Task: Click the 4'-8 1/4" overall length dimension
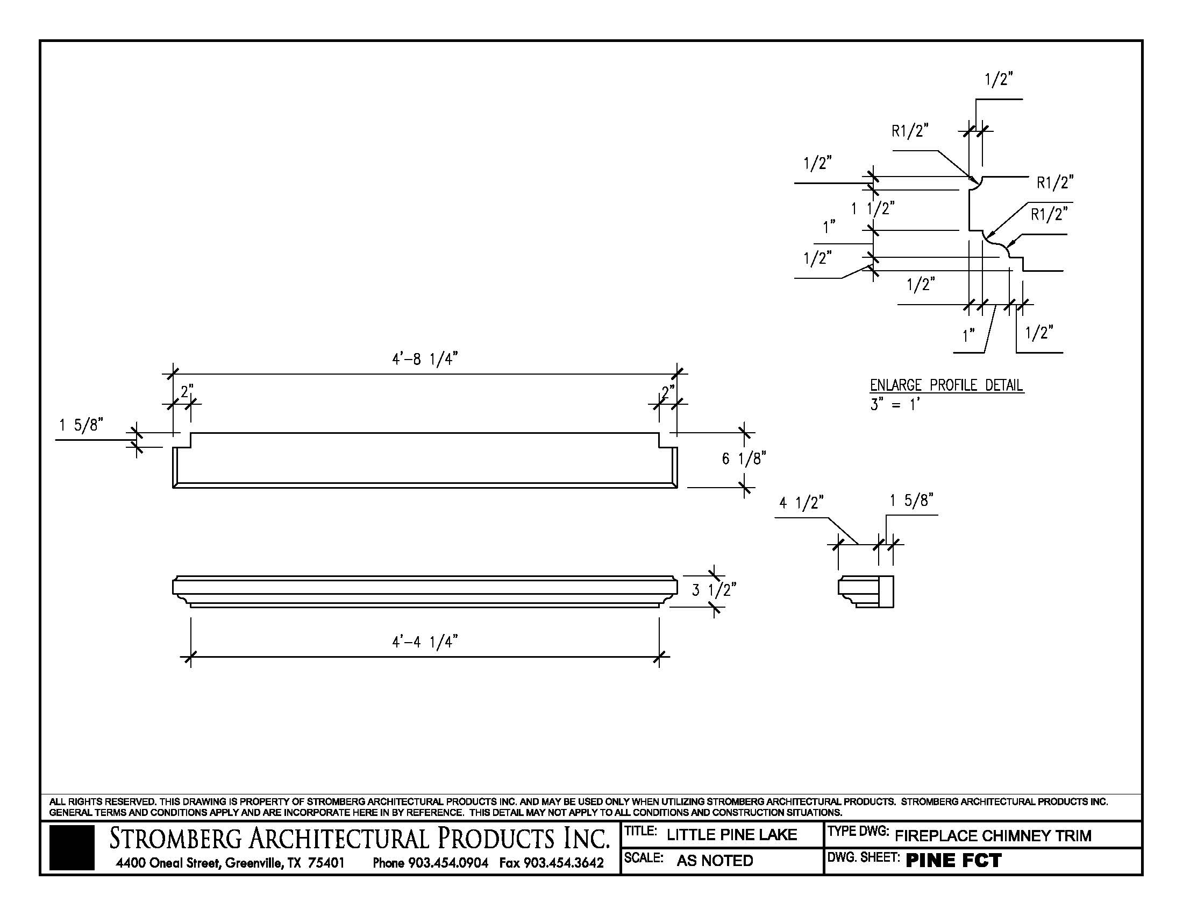click(425, 360)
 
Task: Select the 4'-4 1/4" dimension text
click(425, 642)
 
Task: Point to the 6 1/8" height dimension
click(743, 459)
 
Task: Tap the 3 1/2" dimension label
click(714, 590)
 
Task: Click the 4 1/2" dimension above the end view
click(801, 503)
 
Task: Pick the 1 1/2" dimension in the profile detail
click(873, 208)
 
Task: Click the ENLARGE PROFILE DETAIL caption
click(946, 385)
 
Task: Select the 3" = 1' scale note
click(895, 404)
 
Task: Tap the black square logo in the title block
click(72, 848)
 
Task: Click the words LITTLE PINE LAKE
click(732, 835)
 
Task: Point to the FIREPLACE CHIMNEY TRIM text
click(993, 836)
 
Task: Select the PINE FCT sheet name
click(954, 861)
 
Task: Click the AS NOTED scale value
click(715, 861)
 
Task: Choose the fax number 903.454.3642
click(551, 862)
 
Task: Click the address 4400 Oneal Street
click(167, 862)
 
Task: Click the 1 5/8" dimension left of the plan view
click(81, 425)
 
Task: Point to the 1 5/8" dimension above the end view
click(911, 501)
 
